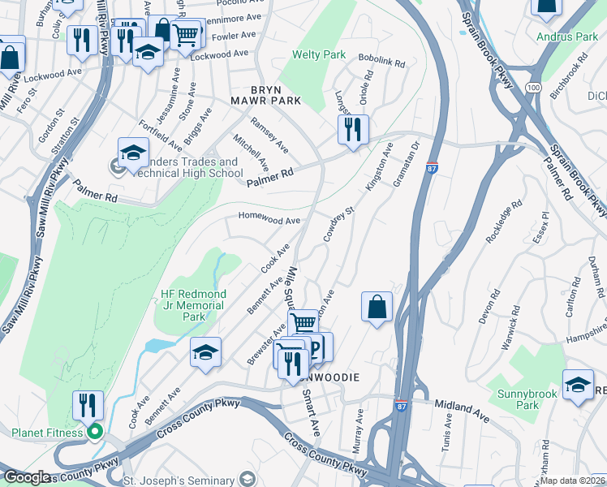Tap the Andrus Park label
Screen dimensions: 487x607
(x=567, y=37)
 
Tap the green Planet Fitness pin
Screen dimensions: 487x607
(x=95, y=432)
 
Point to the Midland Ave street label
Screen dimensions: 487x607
(x=462, y=409)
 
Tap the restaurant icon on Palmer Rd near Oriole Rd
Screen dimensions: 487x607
(x=353, y=129)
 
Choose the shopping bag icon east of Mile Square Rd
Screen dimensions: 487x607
(x=377, y=306)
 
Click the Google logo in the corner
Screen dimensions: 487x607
(x=26, y=477)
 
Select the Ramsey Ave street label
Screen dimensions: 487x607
(x=269, y=136)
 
